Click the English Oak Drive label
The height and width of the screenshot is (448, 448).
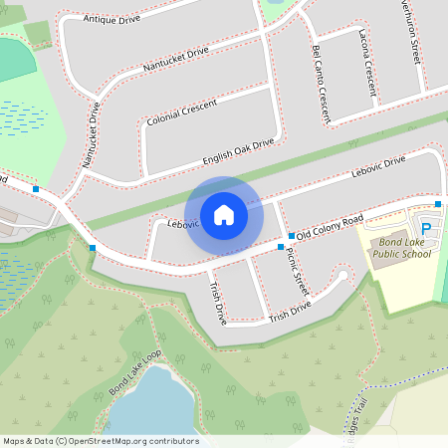(238, 151)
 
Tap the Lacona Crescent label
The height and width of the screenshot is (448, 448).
(367, 63)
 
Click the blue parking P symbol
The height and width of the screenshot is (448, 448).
(426, 228)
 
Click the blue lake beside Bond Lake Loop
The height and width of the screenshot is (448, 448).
(149, 403)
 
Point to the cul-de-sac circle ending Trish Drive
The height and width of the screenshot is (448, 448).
(343, 276)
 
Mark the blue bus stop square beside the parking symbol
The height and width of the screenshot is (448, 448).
(437, 203)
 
